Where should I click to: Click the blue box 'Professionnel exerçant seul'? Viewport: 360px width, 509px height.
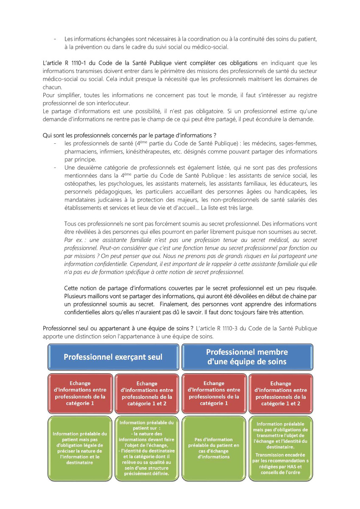tap(113, 357)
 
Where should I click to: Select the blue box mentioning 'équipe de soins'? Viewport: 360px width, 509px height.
tap(247, 357)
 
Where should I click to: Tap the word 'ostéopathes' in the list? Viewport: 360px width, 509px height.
tap(79, 184)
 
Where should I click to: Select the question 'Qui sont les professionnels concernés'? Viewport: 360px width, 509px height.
tap(132, 135)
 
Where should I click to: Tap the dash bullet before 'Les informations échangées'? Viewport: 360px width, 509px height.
tap(56, 39)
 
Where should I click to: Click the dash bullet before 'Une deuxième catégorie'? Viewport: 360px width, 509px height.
tap(56, 168)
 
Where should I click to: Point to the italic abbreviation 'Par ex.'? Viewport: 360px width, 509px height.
tap(74, 240)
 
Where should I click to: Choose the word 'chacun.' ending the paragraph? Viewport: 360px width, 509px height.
tap(53, 87)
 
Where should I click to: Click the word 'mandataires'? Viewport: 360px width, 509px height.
tap(80, 200)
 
